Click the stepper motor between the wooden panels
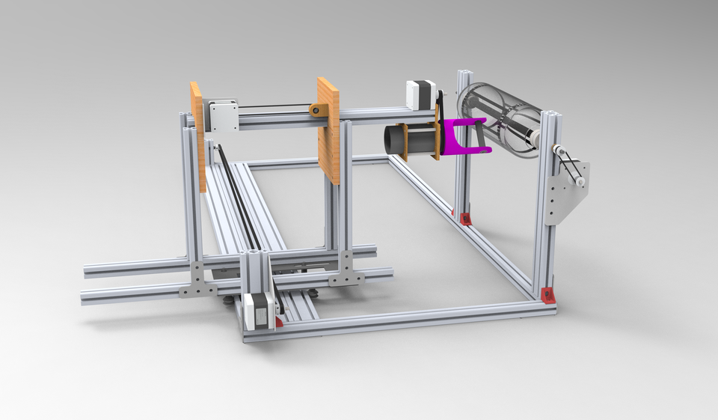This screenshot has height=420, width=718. (x=223, y=115)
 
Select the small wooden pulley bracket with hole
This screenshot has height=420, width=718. (x=318, y=111)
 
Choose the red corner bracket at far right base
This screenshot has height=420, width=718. (x=549, y=295)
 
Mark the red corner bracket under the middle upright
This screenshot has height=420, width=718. (x=465, y=219)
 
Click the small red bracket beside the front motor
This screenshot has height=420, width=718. (x=279, y=322)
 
